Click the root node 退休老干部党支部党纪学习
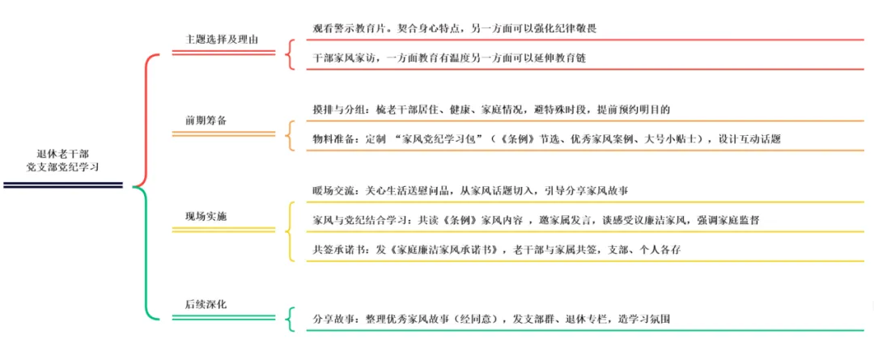64,160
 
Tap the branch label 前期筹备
206,120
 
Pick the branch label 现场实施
206,215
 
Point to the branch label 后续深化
206,304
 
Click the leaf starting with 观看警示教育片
455,28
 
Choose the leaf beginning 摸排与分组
491,109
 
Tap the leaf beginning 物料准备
546,139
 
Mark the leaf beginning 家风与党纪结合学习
535,220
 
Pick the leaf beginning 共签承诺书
496,250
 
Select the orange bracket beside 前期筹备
289,135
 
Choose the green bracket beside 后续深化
289,320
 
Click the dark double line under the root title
63,185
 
